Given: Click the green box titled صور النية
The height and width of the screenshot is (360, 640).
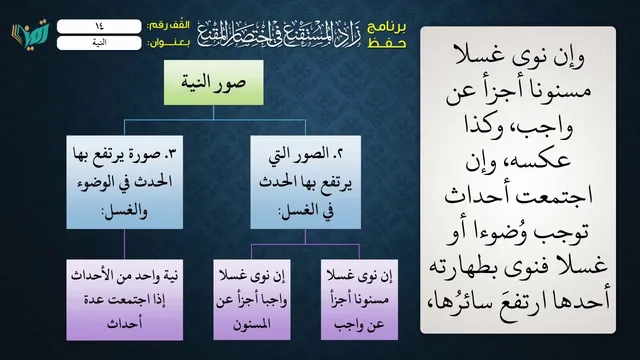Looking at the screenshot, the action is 213,82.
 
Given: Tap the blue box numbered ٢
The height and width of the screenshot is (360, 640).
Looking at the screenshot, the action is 305,182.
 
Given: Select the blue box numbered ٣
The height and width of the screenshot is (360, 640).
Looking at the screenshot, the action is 124,182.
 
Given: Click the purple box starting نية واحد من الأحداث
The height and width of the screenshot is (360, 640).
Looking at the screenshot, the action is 124,300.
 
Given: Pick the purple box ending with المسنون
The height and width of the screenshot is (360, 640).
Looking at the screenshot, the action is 252,300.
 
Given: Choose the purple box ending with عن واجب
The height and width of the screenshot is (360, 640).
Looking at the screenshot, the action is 359,300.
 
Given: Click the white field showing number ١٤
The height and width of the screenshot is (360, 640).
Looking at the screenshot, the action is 99,27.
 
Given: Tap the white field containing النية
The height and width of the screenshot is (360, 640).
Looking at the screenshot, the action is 99,43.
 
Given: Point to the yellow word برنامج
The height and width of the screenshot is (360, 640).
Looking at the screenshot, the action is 387,27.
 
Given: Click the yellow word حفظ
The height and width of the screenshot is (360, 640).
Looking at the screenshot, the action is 387,43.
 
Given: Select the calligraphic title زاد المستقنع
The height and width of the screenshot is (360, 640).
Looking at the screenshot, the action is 279,34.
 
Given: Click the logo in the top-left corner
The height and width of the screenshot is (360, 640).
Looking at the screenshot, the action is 31,34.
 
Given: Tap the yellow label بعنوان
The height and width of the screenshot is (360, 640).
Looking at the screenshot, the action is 168,43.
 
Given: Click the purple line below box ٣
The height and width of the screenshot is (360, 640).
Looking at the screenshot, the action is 124,244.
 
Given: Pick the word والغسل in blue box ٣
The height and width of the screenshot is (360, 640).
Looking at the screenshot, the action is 124,212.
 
